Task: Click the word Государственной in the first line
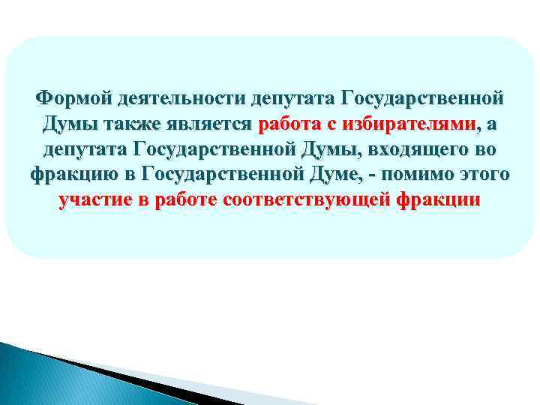[x=421, y=98]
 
